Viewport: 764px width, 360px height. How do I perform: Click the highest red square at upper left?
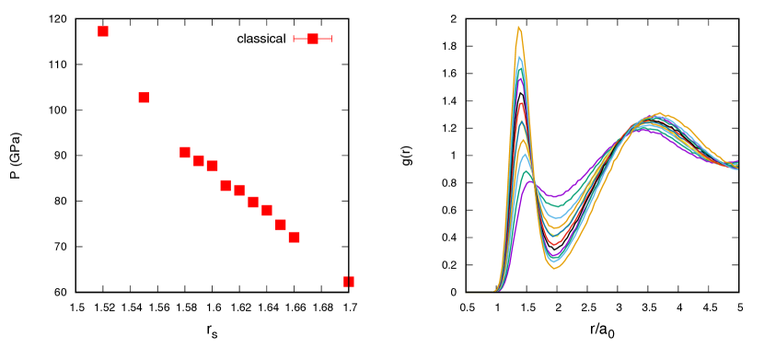coord(103,31)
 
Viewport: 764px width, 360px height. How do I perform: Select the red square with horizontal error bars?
coord(313,39)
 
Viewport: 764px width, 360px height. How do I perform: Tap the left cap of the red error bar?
coord(294,39)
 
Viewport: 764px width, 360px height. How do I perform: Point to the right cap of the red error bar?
coord(331,39)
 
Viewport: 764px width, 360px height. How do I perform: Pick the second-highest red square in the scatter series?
coord(144,98)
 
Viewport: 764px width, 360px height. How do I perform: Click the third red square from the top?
coord(185,152)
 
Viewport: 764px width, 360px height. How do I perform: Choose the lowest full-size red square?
coord(294,237)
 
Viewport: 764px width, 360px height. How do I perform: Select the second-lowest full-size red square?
coord(281,225)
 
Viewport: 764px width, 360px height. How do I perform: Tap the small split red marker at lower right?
coord(349,282)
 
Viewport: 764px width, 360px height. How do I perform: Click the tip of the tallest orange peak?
coord(518,27)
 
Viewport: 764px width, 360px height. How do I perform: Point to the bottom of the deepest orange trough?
coord(555,269)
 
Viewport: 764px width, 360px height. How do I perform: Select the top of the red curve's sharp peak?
coord(521,103)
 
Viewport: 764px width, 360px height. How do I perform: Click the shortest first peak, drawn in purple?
coord(529,180)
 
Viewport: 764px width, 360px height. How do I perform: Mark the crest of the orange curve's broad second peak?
coord(659,113)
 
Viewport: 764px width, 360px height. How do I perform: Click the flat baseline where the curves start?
coord(479,292)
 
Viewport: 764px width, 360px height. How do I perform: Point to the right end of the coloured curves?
coord(736,166)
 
